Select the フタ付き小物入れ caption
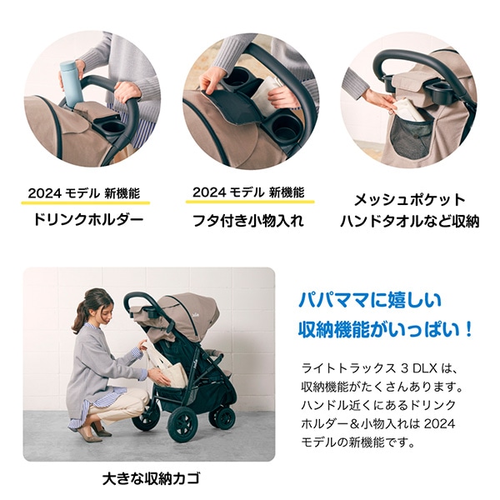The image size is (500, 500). coord(248,221)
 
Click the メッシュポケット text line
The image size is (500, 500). coord(409,201)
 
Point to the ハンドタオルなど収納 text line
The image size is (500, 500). coord(409,222)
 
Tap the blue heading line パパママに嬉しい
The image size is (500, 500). coord(370,300)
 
